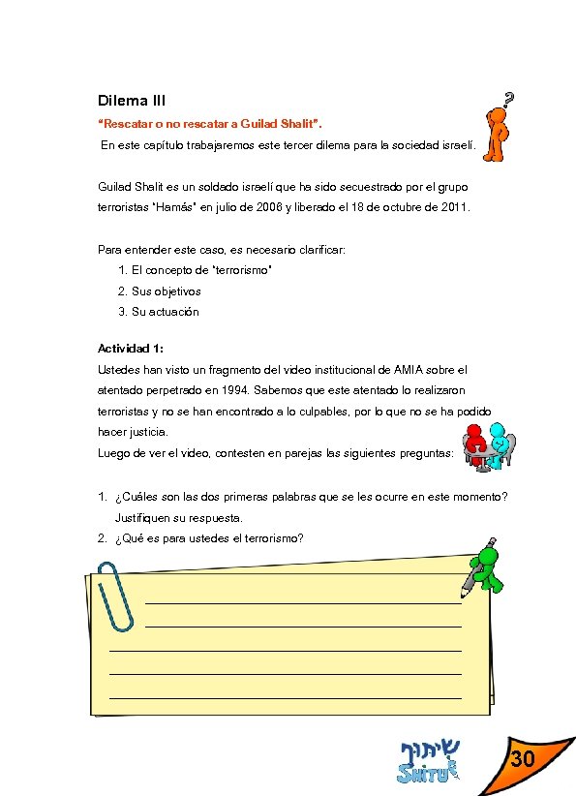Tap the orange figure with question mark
click(496, 134)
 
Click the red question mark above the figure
click(509, 97)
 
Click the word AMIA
click(409, 369)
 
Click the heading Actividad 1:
click(131, 348)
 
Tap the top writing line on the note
click(302, 601)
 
